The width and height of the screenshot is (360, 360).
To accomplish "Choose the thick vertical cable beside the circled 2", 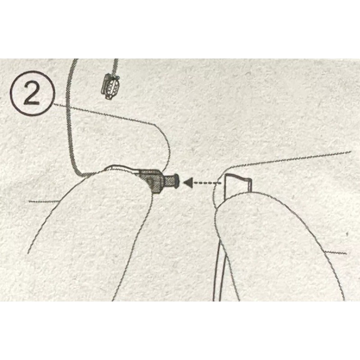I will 68,117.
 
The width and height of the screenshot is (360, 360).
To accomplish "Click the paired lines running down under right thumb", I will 220,274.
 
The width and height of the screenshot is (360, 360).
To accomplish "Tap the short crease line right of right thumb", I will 337,252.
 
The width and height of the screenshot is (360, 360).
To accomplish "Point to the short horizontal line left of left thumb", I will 43,201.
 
